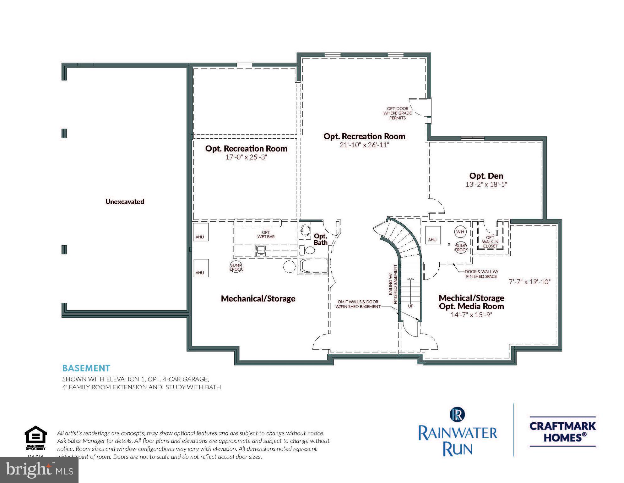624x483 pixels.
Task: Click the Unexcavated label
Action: (x=125, y=202)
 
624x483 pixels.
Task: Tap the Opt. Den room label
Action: (x=486, y=176)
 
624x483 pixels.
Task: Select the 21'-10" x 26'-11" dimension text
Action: (x=364, y=145)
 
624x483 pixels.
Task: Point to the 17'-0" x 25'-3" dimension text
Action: (x=246, y=157)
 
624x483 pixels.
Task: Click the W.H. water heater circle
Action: (x=460, y=232)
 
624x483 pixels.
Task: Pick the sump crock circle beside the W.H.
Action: (x=461, y=248)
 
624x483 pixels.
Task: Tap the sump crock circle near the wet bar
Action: (x=236, y=267)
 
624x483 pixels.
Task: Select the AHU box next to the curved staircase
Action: (x=432, y=235)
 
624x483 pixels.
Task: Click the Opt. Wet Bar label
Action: (x=266, y=235)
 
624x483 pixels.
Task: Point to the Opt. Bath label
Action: (x=320, y=239)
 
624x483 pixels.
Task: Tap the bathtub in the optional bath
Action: (x=314, y=266)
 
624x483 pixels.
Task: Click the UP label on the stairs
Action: (x=410, y=306)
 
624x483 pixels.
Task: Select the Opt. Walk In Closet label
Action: (x=490, y=242)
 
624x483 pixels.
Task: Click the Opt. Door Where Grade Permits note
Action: (x=397, y=113)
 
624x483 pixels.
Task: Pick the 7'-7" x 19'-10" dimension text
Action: (x=529, y=282)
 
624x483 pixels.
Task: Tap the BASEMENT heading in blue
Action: (x=86, y=368)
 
